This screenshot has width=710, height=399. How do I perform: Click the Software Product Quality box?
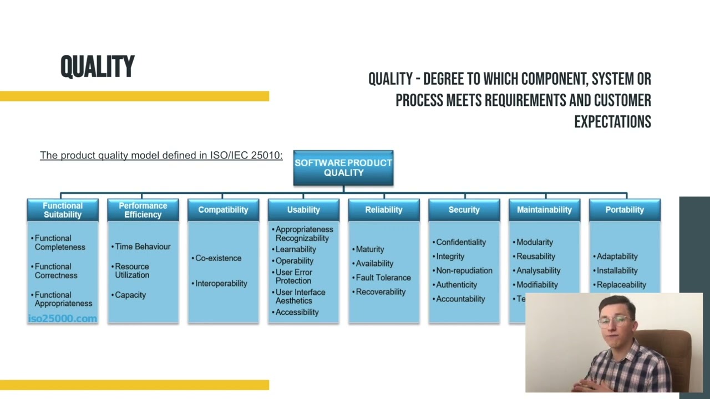343,167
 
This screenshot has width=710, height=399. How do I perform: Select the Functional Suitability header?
63,210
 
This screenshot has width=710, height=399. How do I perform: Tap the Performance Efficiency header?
143,210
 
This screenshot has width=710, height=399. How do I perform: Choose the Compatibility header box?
223,210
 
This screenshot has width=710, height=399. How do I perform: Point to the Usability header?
303,210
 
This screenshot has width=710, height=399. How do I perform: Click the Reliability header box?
384,210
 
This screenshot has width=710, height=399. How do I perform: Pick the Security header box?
464,210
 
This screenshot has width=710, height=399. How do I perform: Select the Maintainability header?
544,210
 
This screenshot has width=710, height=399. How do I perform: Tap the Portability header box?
625,210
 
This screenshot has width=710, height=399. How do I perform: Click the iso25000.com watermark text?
62,319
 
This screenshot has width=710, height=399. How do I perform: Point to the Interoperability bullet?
221,284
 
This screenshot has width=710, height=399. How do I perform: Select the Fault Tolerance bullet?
383,278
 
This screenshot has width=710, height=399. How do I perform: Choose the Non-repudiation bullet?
464,270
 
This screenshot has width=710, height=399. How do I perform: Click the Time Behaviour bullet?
143,247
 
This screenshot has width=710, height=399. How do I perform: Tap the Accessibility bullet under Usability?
297,313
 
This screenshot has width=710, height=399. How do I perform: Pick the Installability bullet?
617,270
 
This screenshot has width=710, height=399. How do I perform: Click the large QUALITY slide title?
98,67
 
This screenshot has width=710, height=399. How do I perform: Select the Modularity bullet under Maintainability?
535,242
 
